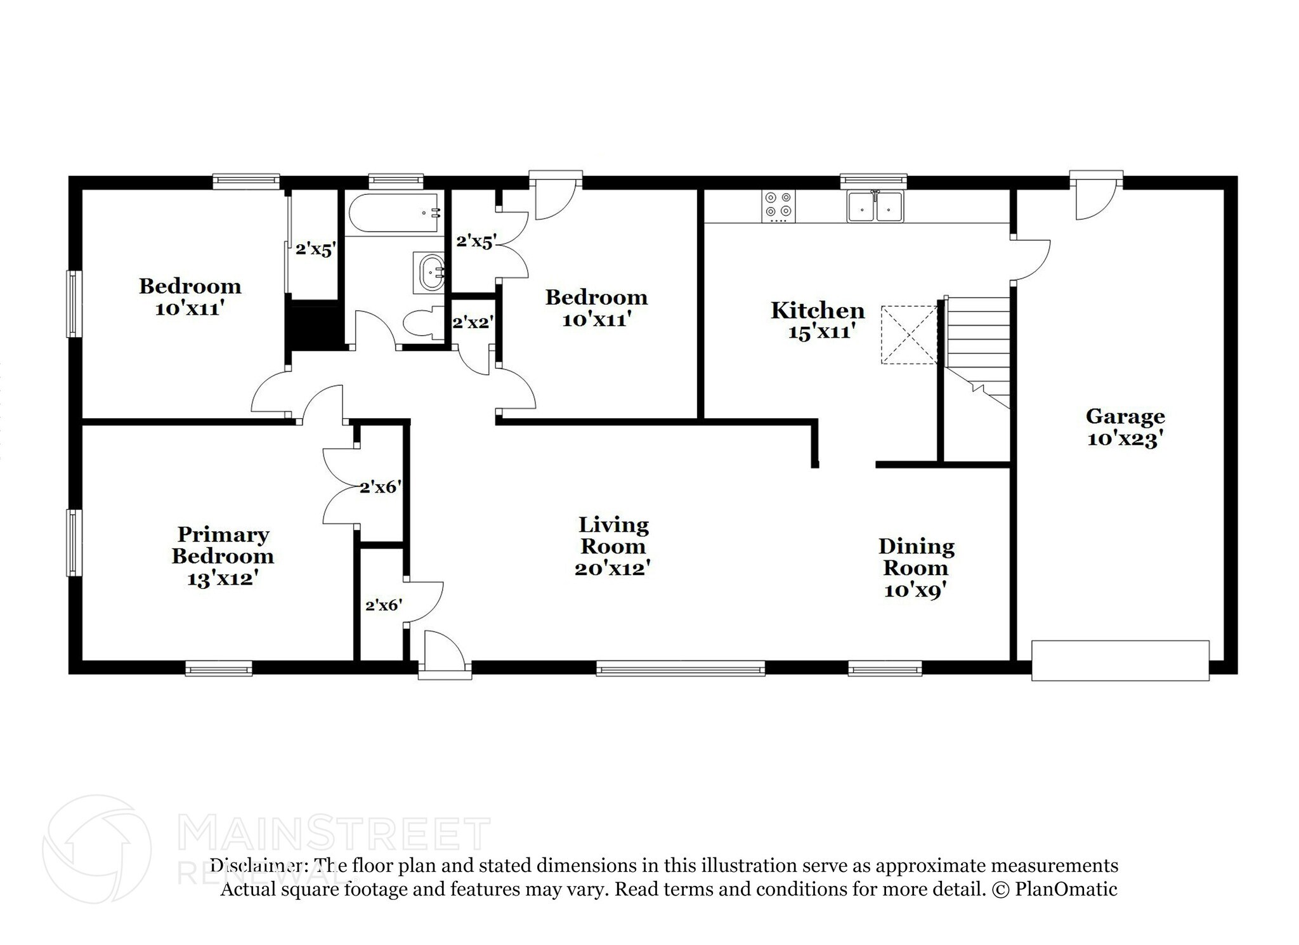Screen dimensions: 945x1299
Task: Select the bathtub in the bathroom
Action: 394,214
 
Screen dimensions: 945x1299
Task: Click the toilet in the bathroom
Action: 422,323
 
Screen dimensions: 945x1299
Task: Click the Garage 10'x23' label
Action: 1125,427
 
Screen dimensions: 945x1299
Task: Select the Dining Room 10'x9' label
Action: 916,567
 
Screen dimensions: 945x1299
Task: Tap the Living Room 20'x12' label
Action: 613,546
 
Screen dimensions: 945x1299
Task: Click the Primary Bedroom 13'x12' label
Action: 222,556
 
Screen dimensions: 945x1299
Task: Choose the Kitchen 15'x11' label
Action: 818,321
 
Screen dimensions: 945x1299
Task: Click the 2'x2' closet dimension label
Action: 473,322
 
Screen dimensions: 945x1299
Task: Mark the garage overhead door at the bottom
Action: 1120,661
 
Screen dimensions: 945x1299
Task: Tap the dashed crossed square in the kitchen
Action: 909,334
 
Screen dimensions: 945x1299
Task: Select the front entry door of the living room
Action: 444,651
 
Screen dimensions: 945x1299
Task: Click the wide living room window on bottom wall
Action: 681,668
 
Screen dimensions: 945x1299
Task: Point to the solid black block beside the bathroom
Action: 313,325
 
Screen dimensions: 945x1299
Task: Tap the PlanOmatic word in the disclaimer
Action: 1066,889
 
